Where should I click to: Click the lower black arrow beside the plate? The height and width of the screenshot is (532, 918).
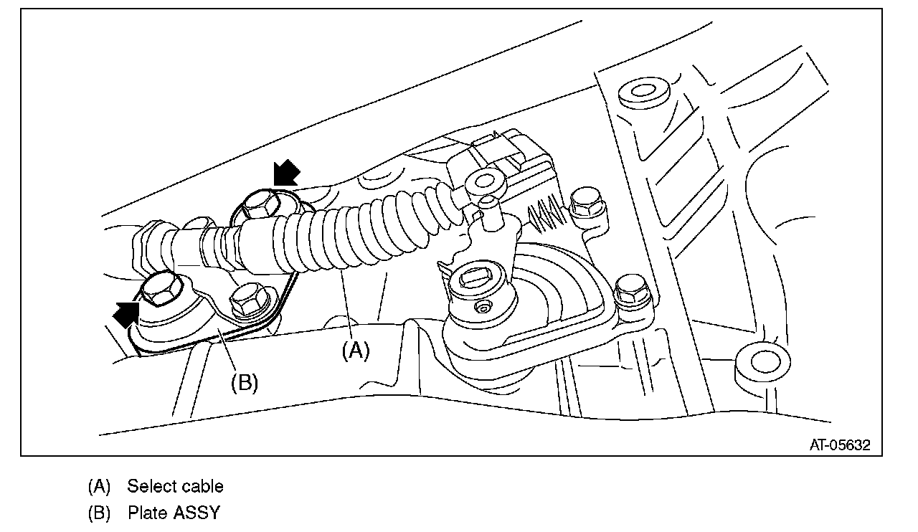click(127, 314)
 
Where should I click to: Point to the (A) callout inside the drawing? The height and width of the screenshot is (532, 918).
click(355, 351)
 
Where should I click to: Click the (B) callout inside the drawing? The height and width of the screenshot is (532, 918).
click(244, 382)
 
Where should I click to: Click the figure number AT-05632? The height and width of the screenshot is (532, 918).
click(840, 445)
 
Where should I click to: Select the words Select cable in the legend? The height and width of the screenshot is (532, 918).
click(175, 486)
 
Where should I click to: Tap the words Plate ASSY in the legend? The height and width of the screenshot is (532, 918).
click(174, 513)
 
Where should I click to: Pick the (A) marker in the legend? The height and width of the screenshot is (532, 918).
click(99, 486)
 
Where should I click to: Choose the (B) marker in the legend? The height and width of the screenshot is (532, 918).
click(99, 513)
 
